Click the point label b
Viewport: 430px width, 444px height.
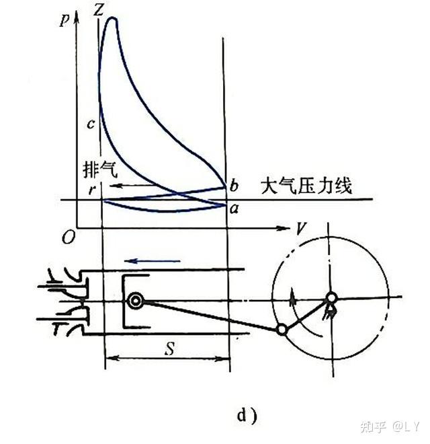click(233, 184)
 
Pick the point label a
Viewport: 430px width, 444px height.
click(233, 207)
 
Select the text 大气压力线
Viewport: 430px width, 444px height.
click(306, 185)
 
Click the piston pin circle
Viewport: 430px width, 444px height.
click(137, 301)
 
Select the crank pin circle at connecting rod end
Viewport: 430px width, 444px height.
click(282, 330)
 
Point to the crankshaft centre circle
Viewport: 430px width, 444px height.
click(331, 297)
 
